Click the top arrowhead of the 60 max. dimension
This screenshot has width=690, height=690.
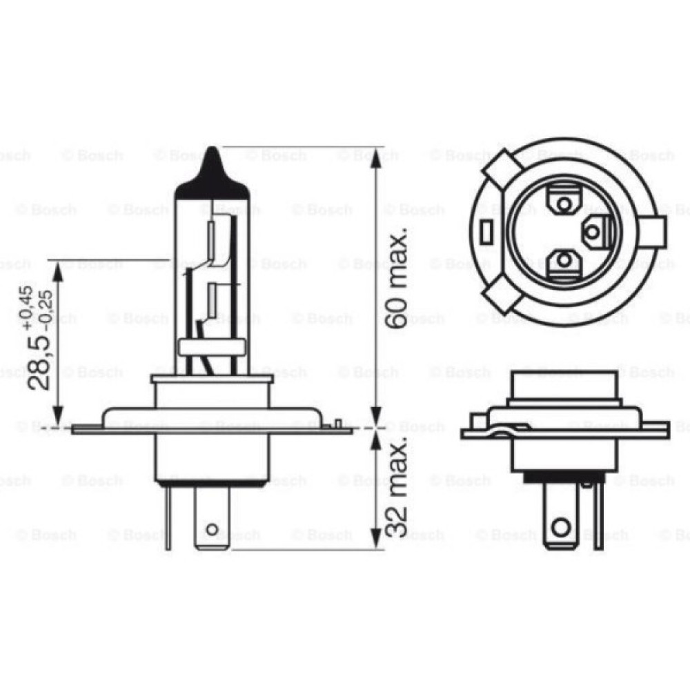375,157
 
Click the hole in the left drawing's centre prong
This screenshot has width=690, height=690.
213,530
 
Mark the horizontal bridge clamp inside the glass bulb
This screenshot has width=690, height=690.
212,347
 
